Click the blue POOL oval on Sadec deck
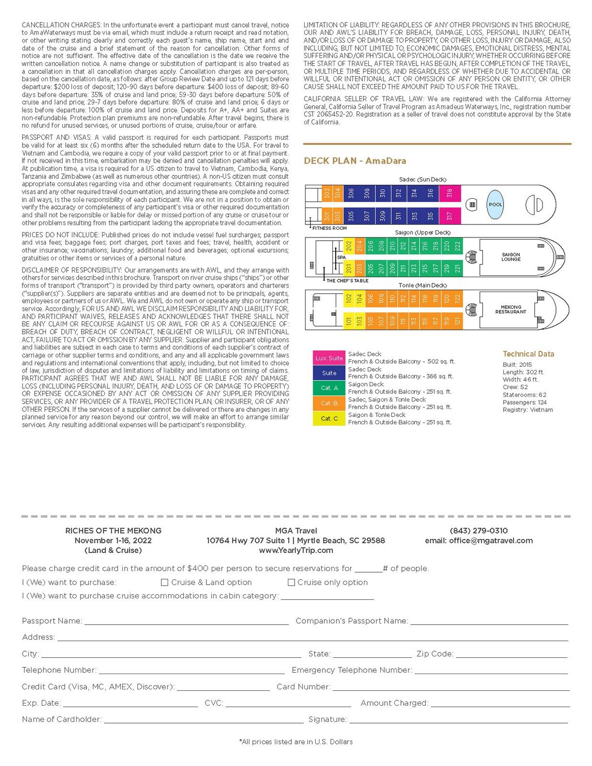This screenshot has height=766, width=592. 495,204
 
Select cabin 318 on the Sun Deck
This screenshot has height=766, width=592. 449,193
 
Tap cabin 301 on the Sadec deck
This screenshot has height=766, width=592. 327,216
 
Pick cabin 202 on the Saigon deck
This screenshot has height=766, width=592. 349,246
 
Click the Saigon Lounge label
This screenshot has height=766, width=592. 511,257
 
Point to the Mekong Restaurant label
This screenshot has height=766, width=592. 511,309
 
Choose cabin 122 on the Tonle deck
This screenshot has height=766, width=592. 457,298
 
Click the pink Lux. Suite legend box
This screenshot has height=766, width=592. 329,358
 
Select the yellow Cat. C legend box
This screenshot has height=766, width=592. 329,418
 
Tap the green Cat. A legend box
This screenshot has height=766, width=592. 329,388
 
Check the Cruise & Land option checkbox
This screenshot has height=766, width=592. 164,582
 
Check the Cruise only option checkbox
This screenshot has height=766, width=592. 291,582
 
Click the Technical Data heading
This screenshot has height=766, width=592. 528,354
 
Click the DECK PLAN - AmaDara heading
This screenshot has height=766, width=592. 355,161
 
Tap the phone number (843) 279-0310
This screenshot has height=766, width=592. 478,530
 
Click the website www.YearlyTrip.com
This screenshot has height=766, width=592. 296,550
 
